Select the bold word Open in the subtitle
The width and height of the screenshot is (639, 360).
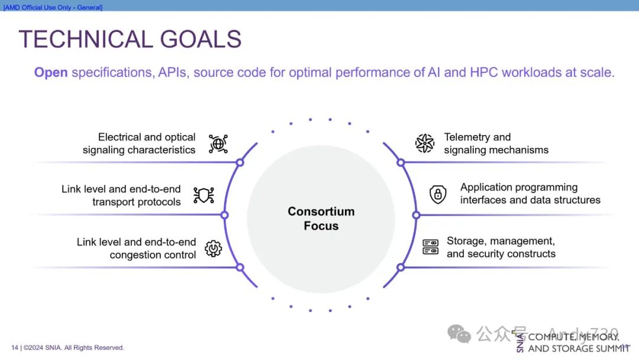click(51, 72)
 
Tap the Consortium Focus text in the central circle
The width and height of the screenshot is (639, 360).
click(321, 218)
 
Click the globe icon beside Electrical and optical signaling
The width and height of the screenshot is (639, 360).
click(218, 143)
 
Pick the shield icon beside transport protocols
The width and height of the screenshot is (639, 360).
click(204, 195)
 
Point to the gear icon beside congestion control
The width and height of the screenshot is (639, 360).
click(213, 248)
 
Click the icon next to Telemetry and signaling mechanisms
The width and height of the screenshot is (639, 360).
click(424, 143)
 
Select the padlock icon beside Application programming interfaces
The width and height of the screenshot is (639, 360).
click(438, 194)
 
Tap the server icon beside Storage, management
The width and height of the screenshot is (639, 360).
click(430, 247)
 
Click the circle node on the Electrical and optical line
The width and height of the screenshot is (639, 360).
click(240, 162)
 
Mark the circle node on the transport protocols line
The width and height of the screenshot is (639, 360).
click(224, 214)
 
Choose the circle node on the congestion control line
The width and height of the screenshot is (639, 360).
click(240, 267)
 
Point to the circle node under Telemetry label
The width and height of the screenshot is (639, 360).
click(401, 162)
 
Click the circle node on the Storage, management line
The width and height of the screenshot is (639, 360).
click(401, 267)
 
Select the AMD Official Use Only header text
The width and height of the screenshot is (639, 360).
click(53, 7)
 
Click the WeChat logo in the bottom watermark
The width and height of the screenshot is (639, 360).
click(459, 334)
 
